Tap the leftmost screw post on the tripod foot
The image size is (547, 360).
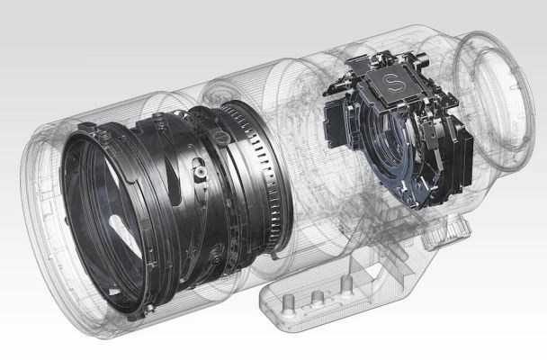click(x=289, y=301)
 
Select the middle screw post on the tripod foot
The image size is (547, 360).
click(x=317, y=298)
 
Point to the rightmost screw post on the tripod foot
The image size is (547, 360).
click(x=345, y=283)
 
